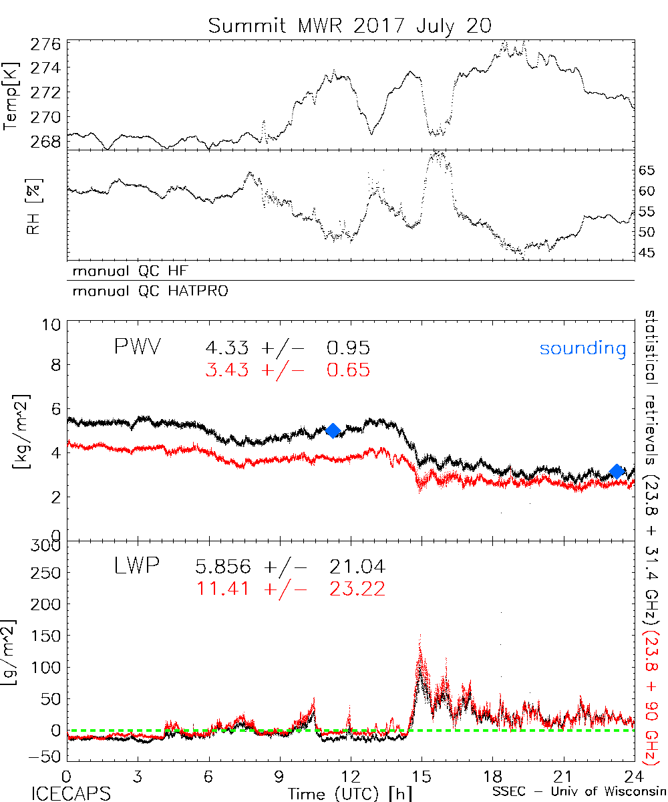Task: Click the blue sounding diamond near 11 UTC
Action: point(333,430)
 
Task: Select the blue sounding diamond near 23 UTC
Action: point(617,472)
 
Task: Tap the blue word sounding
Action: point(582,348)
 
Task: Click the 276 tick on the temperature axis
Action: point(46,44)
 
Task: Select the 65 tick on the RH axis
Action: point(646,170)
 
